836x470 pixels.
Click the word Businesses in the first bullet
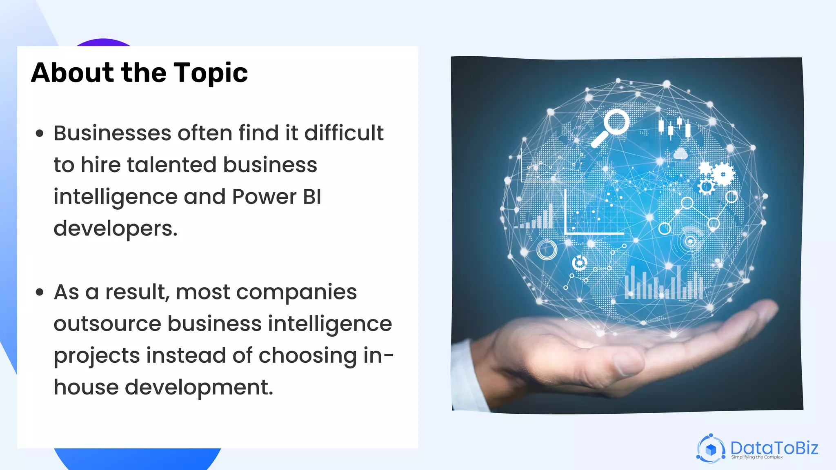click(x=112, y=133)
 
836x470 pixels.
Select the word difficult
click(x=344, y=133)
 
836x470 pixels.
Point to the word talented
click(x=171, y=165)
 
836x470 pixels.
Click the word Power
click(x=264, y=197)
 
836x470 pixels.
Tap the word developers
click(x=116, y=229)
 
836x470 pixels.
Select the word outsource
click(x=107, y=324)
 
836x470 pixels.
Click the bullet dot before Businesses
click(x=40, y=133)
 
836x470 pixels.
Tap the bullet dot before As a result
click(x=40, y=292)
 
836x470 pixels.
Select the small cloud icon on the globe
click(x=680, y=154)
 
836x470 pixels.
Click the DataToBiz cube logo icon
click(x=711, y=449)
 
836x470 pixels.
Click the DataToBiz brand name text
click(x=774, y=448)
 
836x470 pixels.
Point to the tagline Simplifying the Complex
click(x=757, y=457)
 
